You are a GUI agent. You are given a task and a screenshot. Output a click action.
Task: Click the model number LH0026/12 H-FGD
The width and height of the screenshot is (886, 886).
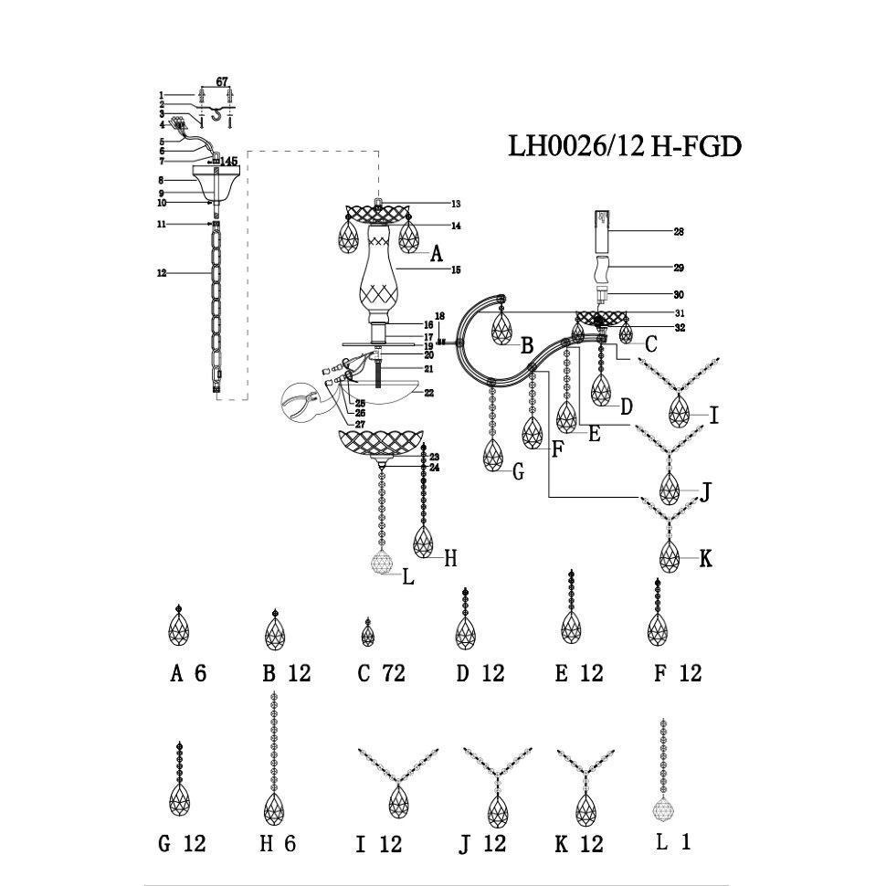click(624, 147)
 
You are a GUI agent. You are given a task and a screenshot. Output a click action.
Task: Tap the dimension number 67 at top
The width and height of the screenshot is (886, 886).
click(222, 82)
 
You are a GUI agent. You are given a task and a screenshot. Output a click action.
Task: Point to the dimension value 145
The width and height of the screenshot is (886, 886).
click(228, 162)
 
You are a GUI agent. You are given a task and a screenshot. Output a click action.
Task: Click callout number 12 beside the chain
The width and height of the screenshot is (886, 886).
click(162, 273)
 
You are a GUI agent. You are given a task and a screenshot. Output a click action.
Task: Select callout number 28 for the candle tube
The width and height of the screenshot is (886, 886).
click(679, 232)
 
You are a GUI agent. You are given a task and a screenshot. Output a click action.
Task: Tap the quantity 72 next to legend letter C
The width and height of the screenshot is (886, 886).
click(394, 674)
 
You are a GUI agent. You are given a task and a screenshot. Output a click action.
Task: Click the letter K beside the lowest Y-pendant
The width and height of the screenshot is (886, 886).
click(705, 559)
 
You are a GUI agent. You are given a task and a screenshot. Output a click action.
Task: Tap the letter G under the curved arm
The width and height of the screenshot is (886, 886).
click(518, 471)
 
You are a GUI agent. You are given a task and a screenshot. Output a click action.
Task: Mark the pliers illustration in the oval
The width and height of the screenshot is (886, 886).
click(301, 403)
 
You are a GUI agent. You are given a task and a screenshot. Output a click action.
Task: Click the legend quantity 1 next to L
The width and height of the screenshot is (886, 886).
click(685, 842)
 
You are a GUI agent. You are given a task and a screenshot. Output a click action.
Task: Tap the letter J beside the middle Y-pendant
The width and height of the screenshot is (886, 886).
click(705, 493)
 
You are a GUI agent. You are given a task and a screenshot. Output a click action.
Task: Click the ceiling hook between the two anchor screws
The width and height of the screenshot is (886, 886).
click(216, 113)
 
